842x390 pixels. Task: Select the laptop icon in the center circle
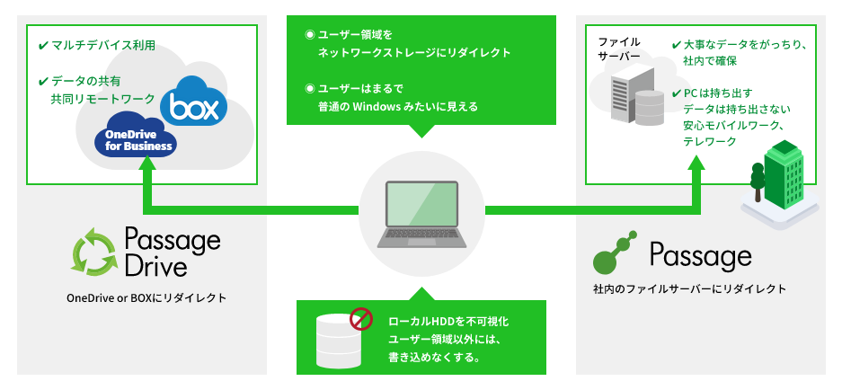(x=421, y=215)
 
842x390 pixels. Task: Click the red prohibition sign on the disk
(x=361, y=319)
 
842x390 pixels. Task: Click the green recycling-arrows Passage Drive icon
(x=94, y=252)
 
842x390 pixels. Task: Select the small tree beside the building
(x=758, y=181)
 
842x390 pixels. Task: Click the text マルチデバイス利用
(x=103, y=46)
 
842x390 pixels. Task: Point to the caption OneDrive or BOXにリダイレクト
(x=146, y=297)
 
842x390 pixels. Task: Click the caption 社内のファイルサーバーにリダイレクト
(x=689, y=289)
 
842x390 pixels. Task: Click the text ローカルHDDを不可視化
(x=448, y=322)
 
